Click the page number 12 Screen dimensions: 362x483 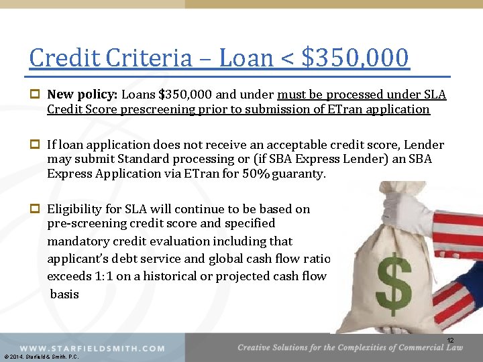tap(451, 341)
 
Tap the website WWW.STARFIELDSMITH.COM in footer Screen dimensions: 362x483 tap(92, 349)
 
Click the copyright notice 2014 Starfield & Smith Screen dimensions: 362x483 tap(41, 357)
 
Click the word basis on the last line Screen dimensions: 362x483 tap(64, 294)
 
